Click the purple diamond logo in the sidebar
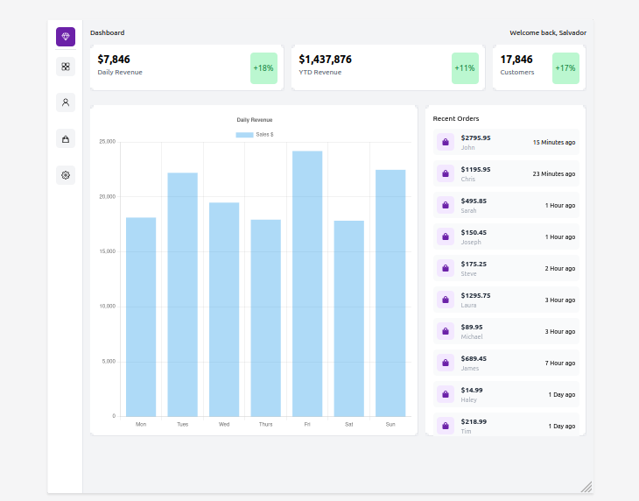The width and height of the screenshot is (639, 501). pos(66,37)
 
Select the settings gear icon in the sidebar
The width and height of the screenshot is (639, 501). pos(66,175)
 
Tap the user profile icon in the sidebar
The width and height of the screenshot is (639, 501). pos(66,102)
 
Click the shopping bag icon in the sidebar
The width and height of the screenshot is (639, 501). pos(66,138)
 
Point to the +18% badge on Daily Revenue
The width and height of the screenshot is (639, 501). pos(263,68)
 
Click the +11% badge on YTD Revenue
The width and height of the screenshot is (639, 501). pos(465,68)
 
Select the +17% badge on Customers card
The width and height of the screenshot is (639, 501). pos(565,68)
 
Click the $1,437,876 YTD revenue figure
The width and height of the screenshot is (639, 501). pos(325,60)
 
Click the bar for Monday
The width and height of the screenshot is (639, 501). pos(141,316)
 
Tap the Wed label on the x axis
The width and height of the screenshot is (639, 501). pos(224,424)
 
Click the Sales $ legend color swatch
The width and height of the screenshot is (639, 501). pos(244,135)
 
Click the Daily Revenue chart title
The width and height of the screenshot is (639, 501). pos(255,119)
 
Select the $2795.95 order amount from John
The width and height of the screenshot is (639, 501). pos(475,138)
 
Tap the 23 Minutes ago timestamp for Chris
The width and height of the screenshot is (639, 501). pos(553,173)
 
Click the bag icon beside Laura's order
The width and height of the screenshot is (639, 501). pos(445,300)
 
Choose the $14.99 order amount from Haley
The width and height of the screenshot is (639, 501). pos(472,390)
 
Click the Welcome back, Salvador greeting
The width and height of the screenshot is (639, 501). pos(548,32)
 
